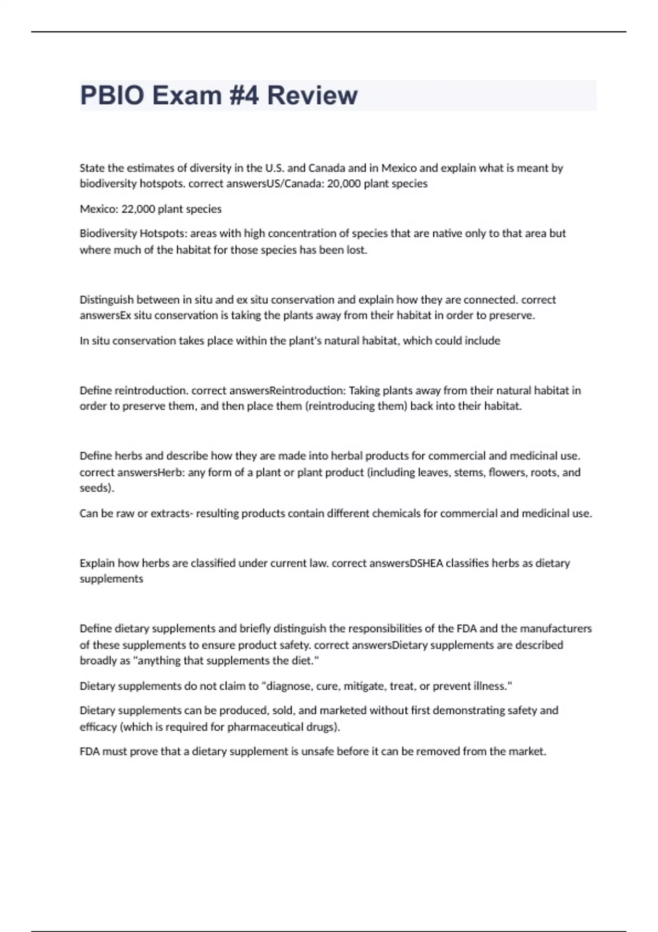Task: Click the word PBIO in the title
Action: tap(112, 95)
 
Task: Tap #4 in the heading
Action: tap(241, 95)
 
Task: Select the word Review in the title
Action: tap(312, 95)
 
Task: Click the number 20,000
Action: tap(344, 184)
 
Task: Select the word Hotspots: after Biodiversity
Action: tap(163, 234)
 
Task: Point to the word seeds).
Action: tap(97, 488)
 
